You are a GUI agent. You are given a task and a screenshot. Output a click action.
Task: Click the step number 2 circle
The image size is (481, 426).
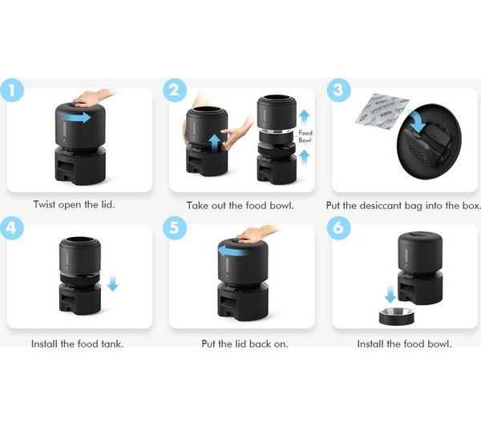[174, 90]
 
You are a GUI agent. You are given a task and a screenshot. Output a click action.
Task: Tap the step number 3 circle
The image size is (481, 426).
[338, 90]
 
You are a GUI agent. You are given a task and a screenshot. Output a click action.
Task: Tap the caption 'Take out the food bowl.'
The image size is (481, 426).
[240, 205]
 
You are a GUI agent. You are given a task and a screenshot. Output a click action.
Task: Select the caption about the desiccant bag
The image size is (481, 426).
[403, 205]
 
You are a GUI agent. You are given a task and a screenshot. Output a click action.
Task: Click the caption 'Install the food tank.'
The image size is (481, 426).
[77, 344]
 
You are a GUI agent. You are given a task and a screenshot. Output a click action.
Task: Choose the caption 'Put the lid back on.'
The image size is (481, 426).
[240, 344]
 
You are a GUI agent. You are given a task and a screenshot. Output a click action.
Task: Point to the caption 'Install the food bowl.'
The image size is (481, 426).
[404, 344]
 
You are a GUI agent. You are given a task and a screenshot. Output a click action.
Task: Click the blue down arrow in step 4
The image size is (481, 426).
[112, 283]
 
